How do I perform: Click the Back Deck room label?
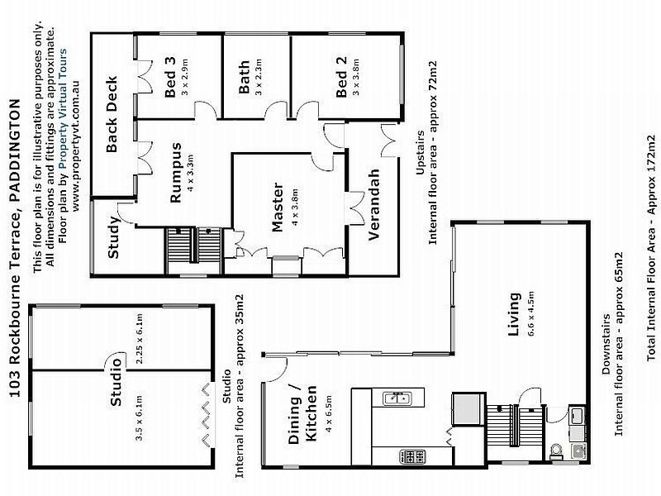[x=112, y=115]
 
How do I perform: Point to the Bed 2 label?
[x=341, y=83]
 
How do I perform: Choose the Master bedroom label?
[x=277, y=207]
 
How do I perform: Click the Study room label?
[x=114, y=237]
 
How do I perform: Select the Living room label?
[x=514, y=308]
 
